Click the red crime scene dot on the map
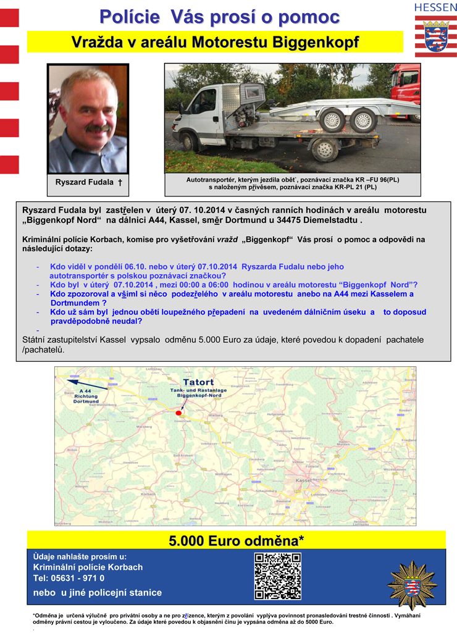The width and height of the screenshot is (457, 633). (178, 412)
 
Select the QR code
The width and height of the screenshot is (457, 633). (277, 576)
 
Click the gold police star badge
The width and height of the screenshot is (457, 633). (412, 584)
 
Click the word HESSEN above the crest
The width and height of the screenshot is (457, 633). (435, 7)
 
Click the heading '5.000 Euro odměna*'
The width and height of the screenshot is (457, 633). (237, 541)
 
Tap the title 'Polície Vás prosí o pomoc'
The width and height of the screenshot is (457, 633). (220, 17)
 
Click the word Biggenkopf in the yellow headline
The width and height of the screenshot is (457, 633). (316, 43)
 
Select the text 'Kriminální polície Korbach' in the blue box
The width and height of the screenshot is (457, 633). (88, 567)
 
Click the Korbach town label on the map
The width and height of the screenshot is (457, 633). (148, 493)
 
